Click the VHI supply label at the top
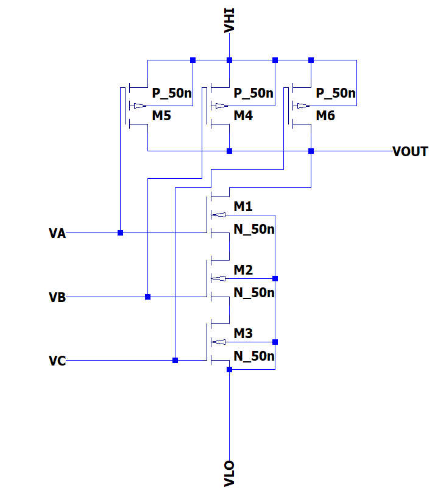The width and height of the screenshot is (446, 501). pyautogui.click(x=229, y=20)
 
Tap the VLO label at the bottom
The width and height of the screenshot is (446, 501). pyautogui.click(x=229, y=474)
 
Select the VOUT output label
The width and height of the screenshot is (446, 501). pyautogui.click(x=410, y=152)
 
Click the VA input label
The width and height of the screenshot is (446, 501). pyautogui.click(x=57, y=233)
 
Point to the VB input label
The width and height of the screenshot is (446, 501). pyautogui.click(x=57, y=297)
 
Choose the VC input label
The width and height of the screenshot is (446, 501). pyautogui.click(x=57, y=361)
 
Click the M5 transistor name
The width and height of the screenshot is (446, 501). pyautogui.click(x=161, y=116)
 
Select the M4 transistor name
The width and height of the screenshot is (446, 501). pyautogui.click(x=243, y=116)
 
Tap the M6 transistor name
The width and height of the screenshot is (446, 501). pyautogui.click(x=325, y=116)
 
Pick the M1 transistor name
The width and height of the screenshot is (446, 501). pyautogui.click(x=243, y=207)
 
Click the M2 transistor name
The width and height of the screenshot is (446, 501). pyautogui.click(x=243, y=270)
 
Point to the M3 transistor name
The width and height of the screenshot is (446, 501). pyautogui.click(x=243, y=334)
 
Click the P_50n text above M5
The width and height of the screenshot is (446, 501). pyautogui.click(x=172, y=93)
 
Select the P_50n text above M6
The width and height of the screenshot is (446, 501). pyautogui.click(x=336, y=93)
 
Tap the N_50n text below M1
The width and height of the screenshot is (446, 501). pyautogui.click(x=254, y=229)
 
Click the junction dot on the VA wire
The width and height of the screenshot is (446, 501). pyautogui.click(x=120, y=233)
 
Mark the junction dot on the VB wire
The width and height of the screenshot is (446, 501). pyautogui.click(x=147, y=297)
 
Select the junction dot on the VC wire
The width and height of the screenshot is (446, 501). pyautogui.click(x=175, y=361)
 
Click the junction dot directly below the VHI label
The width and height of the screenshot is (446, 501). pyautogui.click(x=229, y=60)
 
